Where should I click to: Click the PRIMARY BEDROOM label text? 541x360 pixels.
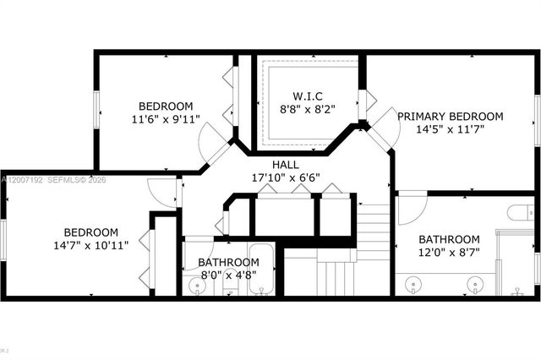[450, 117]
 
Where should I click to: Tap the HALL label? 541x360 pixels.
[285, 164]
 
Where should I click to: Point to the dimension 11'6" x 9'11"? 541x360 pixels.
[166, 119]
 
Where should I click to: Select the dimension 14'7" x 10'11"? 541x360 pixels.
[90, 247]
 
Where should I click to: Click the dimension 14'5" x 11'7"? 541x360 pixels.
[450, 131]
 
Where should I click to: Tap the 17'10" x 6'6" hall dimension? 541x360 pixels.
[285, 178]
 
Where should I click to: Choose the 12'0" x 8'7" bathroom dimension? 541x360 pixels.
[450, 253]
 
